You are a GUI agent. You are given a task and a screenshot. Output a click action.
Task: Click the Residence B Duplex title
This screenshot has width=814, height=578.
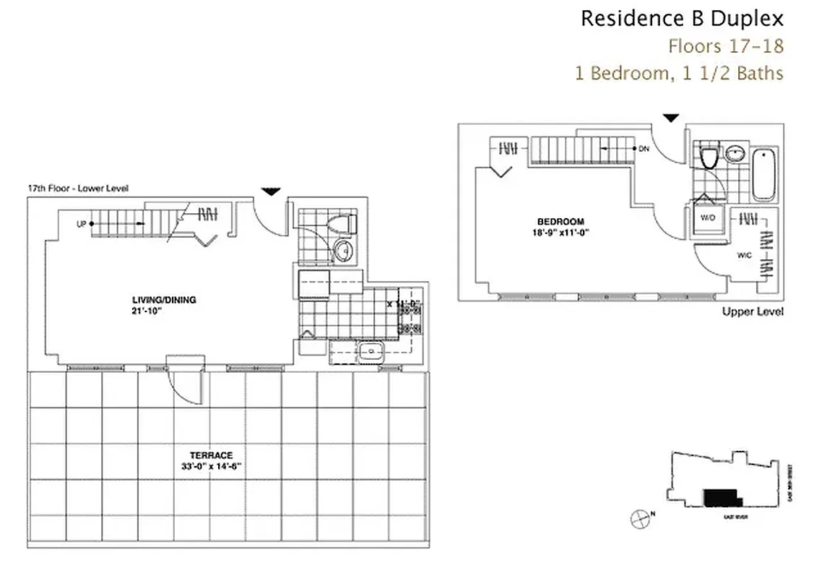[x=682, y=18]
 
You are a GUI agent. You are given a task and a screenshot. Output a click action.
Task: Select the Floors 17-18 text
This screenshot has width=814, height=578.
[x=725, y=46]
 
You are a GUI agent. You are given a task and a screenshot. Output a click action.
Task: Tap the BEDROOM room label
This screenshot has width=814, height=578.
[x=560, y=221]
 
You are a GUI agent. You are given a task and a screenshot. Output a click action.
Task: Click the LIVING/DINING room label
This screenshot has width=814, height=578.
[x=164, y=300]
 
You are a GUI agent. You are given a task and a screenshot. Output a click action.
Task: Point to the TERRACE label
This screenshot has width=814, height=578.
[x=211, y=455]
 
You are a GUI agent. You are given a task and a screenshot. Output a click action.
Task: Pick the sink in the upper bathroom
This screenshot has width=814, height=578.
[x=735, y=154]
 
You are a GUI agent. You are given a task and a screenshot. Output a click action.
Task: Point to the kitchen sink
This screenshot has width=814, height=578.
[x=371, y=352]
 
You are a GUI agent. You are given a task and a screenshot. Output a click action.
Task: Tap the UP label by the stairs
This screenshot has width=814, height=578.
[x=81, y=224]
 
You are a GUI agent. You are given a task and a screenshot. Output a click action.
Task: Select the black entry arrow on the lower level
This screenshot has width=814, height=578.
[x=271, y=191]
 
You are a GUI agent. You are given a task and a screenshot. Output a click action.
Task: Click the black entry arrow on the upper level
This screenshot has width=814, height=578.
[x=672, y=118]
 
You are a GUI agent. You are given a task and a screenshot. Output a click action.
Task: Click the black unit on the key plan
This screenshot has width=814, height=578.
[x=722, y=497]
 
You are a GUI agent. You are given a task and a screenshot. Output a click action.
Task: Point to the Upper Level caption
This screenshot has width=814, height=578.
[x=753, y=311]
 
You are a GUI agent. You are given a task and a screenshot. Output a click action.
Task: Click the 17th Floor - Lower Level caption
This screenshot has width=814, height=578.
[x=78, y=189]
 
